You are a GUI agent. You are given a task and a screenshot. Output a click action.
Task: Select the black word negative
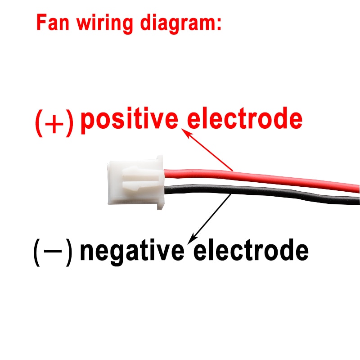coord(132,250)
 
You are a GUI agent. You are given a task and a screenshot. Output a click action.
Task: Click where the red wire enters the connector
coord(166,173)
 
